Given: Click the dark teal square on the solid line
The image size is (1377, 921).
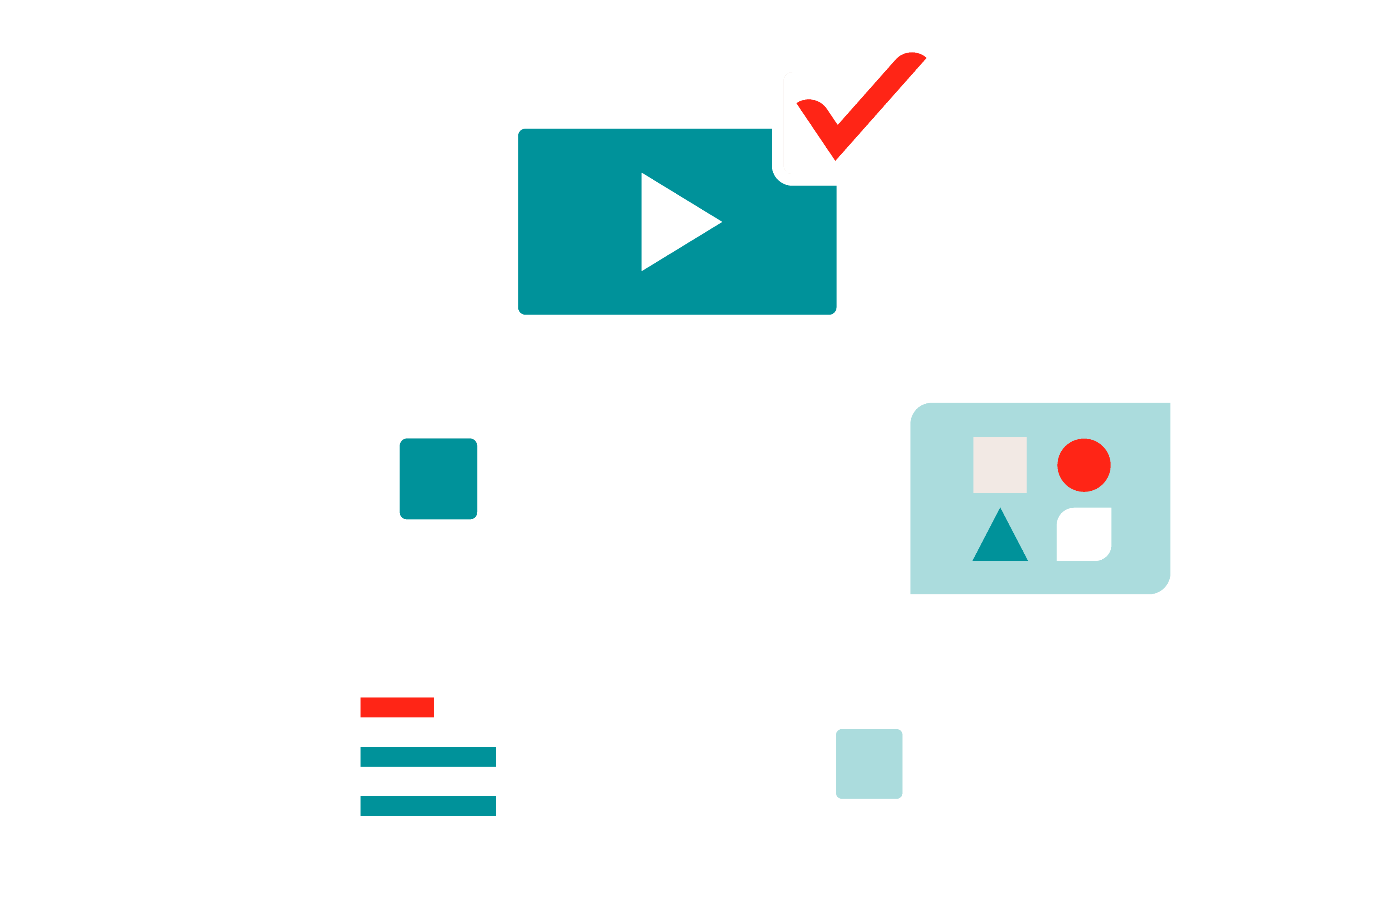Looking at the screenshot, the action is [x=438, y=479].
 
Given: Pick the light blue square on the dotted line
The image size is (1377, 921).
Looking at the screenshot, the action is [x=869, y=764].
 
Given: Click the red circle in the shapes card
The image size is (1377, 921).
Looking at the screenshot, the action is [x=1084, y=465].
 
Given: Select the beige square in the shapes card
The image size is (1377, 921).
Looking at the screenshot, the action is [x=999, y=465].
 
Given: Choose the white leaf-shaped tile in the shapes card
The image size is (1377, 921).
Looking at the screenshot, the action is [x=1084, y=534].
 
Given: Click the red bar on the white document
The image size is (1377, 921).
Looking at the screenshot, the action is [x=397, y=707].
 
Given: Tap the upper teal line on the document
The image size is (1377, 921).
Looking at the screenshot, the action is [x=428, y=757].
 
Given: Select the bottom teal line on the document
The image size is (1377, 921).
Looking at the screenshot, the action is [x=428, y=806].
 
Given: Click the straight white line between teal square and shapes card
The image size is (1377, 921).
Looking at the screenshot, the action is [x=693, y=482].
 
